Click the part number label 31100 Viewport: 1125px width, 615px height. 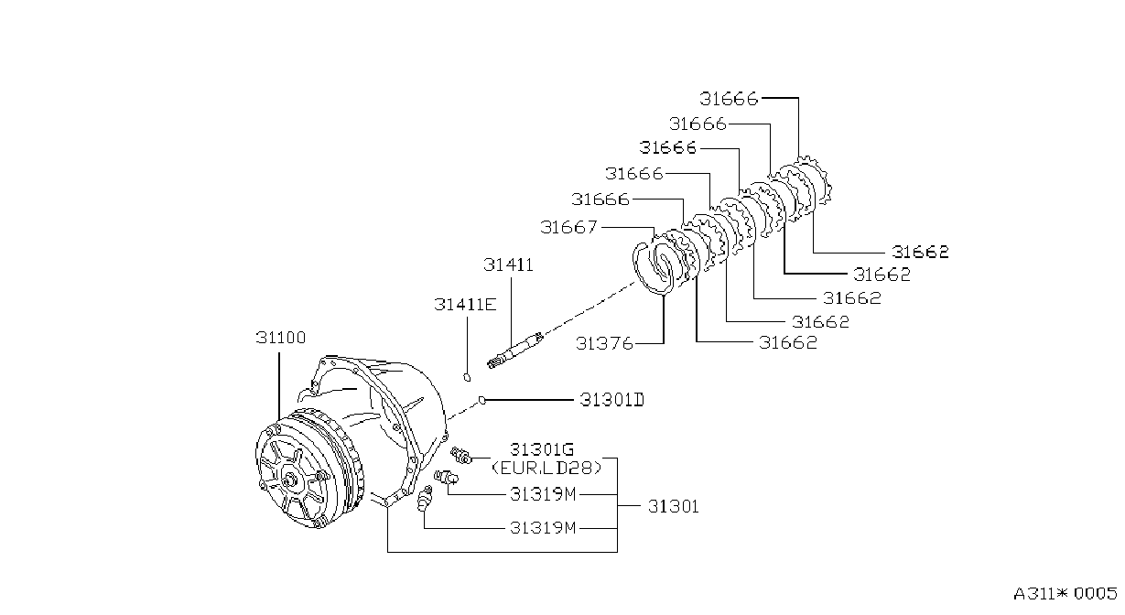[x=281, y=338]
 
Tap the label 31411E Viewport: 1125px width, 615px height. [x=465, y=304]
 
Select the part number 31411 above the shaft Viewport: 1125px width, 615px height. [x=508, y=264]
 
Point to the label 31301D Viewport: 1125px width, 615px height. [x=611, y=400]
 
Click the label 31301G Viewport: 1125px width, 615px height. [x=542, y=448]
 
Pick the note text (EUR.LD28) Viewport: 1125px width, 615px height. [x=546, y=468]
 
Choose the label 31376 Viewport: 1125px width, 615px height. [x=604, y=343]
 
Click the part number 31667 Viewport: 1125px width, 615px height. [x=568, y=227]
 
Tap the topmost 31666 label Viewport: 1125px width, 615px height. [x=729, y=99]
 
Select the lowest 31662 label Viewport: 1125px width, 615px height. [x=788, y=342]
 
